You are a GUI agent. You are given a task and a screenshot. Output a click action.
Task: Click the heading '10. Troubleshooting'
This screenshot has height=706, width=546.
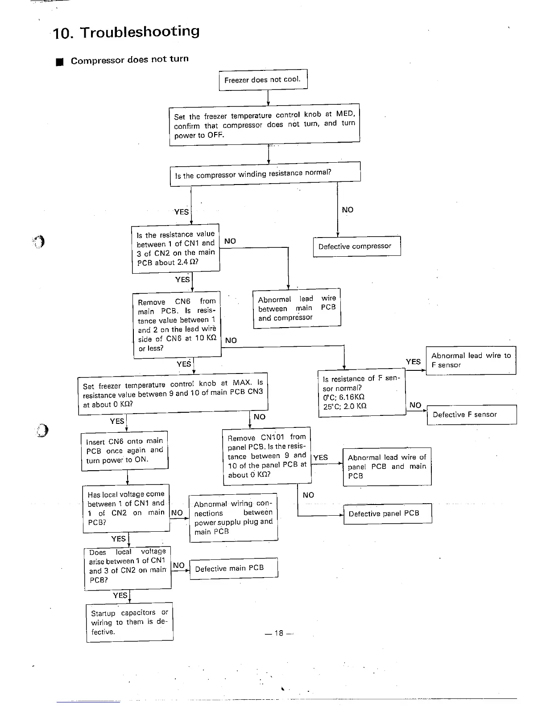(126, 32)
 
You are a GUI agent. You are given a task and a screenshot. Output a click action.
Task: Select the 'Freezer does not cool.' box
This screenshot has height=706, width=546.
(263, 80)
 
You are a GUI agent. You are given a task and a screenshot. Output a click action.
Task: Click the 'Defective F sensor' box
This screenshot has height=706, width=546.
(471, 415)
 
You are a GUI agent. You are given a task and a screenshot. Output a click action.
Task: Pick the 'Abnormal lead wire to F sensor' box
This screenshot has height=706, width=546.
(471, 360)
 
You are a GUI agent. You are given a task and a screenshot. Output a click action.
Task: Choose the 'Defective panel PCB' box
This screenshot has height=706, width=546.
(387, 513)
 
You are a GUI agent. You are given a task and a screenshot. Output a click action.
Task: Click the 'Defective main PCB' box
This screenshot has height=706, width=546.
(233, 568)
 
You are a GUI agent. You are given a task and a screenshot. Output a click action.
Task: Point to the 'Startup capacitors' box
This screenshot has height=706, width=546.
(129, 622)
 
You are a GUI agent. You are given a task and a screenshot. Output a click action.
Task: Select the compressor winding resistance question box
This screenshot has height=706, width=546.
(265, 174)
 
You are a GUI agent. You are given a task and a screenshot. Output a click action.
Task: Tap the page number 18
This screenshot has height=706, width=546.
(279, 633)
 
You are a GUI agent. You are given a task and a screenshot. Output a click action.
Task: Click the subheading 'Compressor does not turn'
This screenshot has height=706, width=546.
(129, 60)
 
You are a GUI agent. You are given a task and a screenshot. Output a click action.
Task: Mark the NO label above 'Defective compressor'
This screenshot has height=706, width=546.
(347, 210)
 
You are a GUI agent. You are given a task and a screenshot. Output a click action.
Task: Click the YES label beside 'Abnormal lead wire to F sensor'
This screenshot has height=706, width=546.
(413, 362)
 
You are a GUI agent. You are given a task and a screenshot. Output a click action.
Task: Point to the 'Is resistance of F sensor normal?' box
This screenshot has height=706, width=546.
(362, 393)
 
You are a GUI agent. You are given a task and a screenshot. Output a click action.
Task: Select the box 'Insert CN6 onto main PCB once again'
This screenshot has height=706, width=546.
(124, 451)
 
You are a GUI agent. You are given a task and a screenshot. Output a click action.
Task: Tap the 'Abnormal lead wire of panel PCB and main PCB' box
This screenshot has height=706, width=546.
(387, 466)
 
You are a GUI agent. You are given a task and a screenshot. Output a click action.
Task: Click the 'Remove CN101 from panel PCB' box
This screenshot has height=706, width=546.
(267, 456)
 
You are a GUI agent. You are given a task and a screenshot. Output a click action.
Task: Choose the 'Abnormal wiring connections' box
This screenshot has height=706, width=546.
(233, 517)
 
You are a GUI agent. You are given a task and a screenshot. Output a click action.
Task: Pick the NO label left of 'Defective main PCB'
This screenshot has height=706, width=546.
(178, 565)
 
